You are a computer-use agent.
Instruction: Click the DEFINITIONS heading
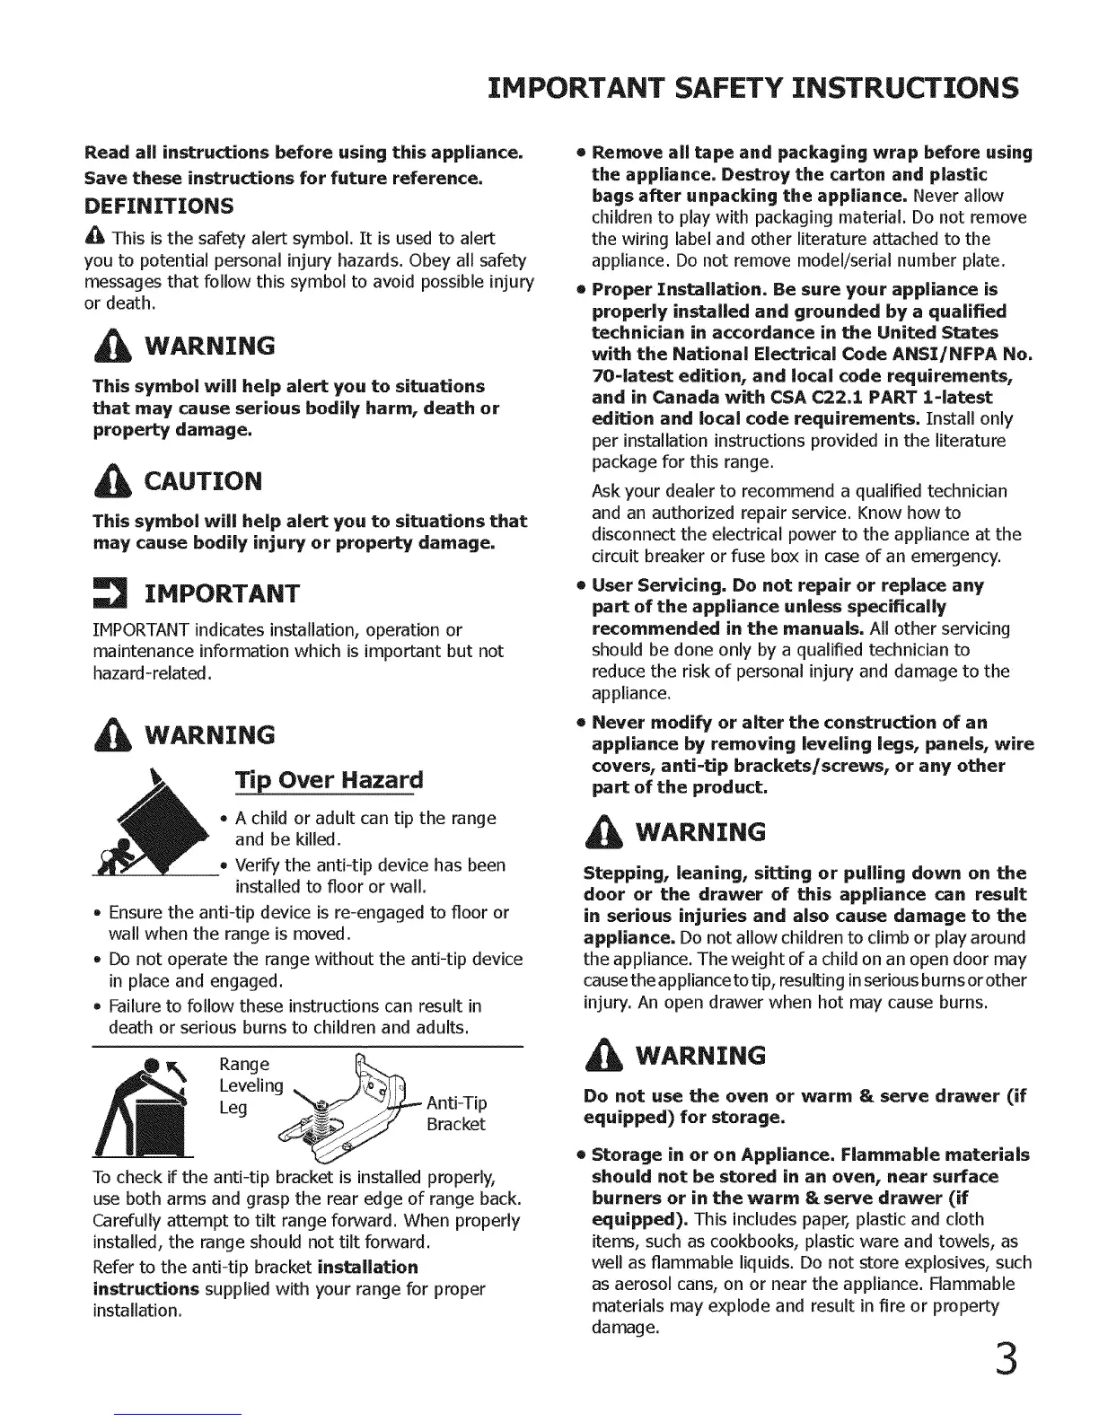coord(159,206)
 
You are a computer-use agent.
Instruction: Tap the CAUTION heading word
coord(203,481)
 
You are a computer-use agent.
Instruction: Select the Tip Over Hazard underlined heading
coord(328,779)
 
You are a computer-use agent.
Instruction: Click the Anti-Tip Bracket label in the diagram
coord(456,1113)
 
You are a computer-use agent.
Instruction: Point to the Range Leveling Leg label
coord(251,1085)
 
